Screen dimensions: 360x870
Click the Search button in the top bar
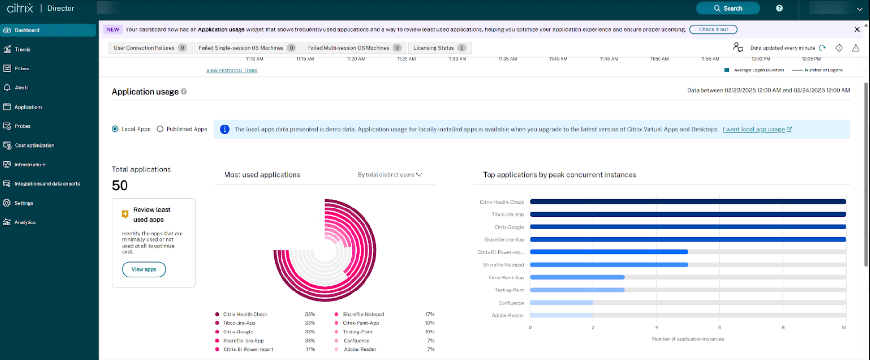click(x=728, y=8)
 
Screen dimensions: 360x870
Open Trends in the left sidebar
click(x=23, y=49)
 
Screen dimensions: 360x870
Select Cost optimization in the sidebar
click(x=34, y=145)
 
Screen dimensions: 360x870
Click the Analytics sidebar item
click(x=25, y=222)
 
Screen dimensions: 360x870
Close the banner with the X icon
click(x=857, y=29)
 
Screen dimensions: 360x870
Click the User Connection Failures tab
click(x=149, y=48)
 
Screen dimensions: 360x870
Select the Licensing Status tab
click(x=439, y=48)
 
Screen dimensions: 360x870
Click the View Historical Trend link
click(x=232, y=70)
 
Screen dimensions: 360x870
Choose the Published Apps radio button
click(x=160, y=129)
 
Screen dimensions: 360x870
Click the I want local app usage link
click(x=753, y=129)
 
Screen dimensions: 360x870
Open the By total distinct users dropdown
click(x=390, y=175)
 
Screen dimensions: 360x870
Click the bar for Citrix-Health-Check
click(x=688, y=202)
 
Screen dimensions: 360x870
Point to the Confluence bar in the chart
click(x=561, y=303)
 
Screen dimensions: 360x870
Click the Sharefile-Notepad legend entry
click(x=363, y=314)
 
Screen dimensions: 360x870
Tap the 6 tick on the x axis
click(x=719, y=327)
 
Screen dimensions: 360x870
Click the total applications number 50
click(x=120, y=185)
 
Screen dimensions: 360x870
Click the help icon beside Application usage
click(x=184, y=91)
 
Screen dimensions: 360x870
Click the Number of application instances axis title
click(x=688, y=339)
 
